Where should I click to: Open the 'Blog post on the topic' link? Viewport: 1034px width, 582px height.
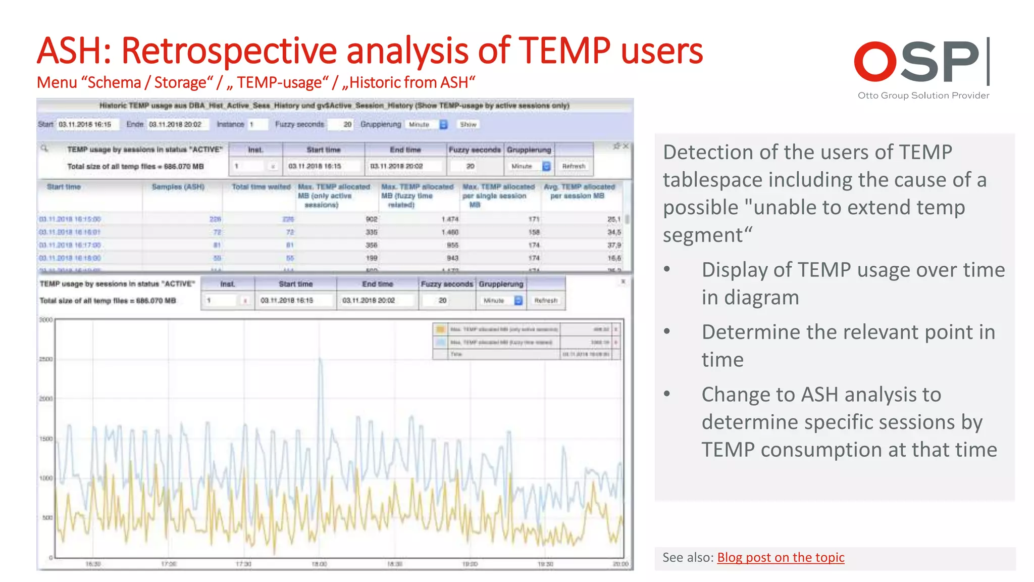(781, 557)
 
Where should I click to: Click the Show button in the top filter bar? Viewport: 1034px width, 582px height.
(468, 124)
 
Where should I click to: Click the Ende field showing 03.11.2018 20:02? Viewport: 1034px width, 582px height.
(177, 124)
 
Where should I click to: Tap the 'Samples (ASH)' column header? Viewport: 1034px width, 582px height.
(178, 187)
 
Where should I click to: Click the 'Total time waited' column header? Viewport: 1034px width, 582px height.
(261, 187)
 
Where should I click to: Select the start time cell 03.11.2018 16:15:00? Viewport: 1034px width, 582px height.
(70, 219)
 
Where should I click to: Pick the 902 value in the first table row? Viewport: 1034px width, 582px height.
(371, 219)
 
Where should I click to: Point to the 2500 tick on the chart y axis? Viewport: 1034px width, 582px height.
(46, 359)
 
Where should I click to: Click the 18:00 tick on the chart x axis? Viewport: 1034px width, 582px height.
(320, 564)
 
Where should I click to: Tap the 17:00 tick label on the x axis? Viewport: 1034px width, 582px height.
(169, 564)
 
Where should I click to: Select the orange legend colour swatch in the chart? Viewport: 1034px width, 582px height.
(441, 329)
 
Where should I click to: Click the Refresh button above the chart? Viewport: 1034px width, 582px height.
(546, 301)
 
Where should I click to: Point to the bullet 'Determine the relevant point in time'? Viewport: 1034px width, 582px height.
(848, 346)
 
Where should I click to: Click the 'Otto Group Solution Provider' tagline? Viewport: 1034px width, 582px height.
(923, 95)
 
